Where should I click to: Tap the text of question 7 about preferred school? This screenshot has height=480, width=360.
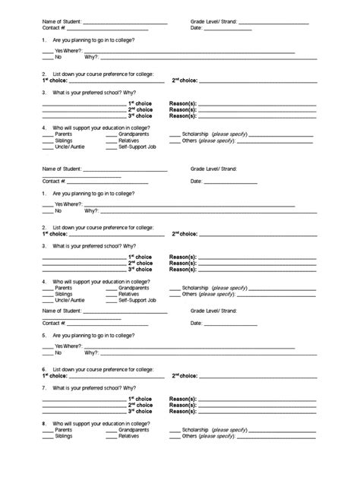94,385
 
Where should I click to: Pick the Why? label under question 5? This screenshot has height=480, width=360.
91,352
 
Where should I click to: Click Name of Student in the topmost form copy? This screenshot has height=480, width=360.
61,23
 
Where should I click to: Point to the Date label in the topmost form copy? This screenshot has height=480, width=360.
196,28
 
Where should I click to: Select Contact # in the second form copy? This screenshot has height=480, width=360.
54,182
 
